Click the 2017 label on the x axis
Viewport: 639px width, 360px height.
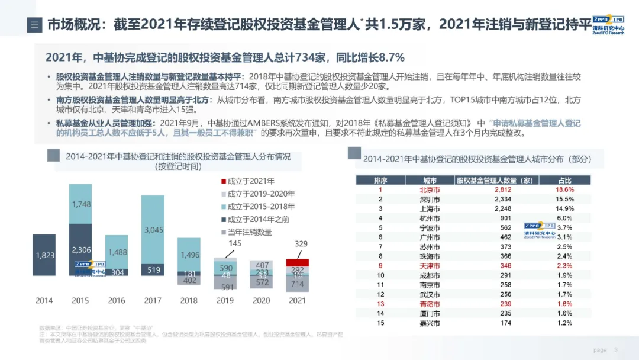pos(153,300)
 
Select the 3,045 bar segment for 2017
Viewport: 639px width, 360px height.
pos(153,229)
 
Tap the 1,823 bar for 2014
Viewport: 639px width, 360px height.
pos(44,255)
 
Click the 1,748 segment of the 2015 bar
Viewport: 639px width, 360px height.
pos(80,204)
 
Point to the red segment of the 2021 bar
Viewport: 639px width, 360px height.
pos(298,262)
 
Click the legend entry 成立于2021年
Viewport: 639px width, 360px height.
pos(247,181)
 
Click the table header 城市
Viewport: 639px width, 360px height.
pos(430,179)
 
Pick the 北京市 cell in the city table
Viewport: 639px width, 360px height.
pos(430,190)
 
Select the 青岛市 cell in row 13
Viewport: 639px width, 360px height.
pos(430,304)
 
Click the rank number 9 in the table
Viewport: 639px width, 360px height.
pos(380,266)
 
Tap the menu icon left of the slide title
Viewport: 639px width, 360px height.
pos(34,25)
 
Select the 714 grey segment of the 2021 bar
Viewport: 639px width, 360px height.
pos(298,284)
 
